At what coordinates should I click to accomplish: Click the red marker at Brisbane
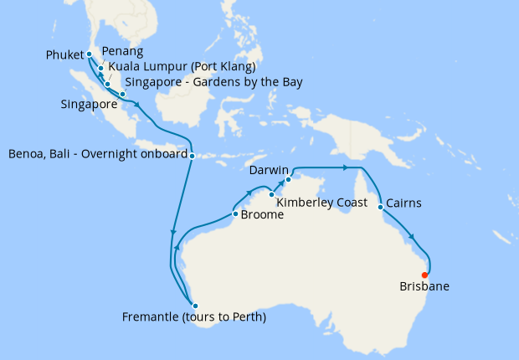tap(425, 275)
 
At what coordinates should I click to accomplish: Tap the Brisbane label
tap(424, 287)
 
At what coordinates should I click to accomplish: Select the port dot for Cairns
tap(381, 204)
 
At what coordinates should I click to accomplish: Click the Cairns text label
tap(405, 203)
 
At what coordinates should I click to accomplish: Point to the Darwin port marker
tap(288, 179)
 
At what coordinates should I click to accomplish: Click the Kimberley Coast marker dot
tap(271, 195)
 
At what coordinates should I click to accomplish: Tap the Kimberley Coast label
tap(319, 203)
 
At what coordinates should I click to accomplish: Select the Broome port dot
tap(235, 213)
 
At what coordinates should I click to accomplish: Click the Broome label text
tap(262, 214)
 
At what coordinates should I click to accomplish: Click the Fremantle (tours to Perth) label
tap(193, 317)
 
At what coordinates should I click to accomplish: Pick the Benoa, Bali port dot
tap(193, 155)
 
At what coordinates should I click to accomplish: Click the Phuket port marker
tap(90, 54)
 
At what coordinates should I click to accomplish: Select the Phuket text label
tap(64, 56)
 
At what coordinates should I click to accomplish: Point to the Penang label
tap(117, 52)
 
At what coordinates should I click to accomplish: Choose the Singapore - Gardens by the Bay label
tap(213, 82)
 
